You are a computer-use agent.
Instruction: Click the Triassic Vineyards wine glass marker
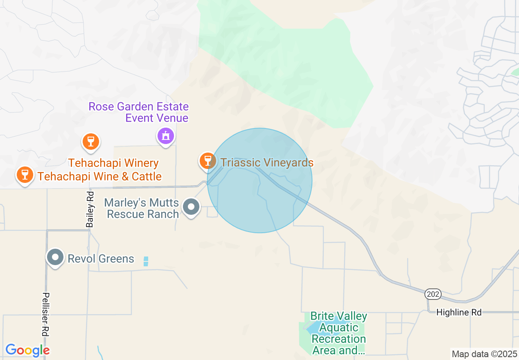click(x=208, y=160)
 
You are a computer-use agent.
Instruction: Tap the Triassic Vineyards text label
click(x=267, y=162)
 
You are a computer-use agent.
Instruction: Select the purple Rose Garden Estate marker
click(x=165, y=135)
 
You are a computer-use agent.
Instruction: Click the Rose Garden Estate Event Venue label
click(x=138, y=112)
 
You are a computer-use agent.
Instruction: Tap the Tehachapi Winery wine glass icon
click(x=90, y=142)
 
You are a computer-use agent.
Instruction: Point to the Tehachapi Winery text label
click(x=113, y=163)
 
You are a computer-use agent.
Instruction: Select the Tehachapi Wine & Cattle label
click(x=99, y=176)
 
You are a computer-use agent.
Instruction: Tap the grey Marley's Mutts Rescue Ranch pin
click(x=191, y=207)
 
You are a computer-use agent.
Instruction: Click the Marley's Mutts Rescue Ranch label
click(x=142, y=208)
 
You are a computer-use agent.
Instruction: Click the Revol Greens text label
click(x=101, y=259)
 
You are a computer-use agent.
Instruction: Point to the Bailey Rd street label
click(x=90, y=209)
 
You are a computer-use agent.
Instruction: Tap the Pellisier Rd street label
click(x=45, y=314)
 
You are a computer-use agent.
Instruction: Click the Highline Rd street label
click(x=458, y=312)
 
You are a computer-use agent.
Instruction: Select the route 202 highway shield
click(x=433, y=294)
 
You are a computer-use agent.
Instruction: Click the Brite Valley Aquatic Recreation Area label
click(x=338, y=333)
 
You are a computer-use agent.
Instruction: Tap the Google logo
click(x=27, y=350)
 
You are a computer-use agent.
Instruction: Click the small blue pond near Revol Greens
click(x=146, y=261)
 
